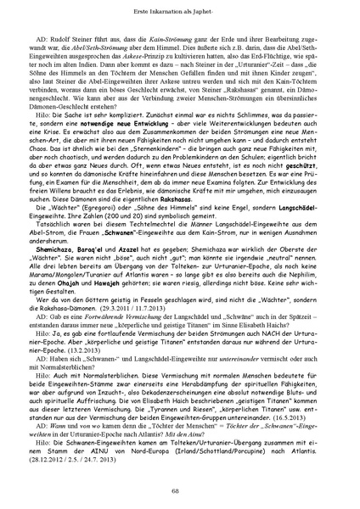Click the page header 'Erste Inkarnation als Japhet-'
(x=180, y=8)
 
